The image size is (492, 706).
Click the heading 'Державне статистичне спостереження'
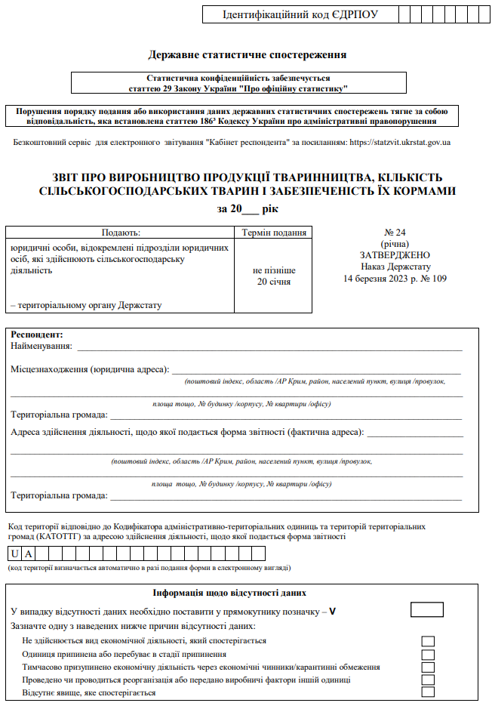[x=248, y=54]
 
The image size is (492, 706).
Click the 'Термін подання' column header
[x=274, y=233]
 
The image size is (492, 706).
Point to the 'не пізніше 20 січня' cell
[x=274, y=276]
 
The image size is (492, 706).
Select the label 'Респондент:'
[x=36, y=335]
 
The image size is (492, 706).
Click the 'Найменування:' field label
[x=42, y=346]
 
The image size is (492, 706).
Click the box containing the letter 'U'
[x=16, y=553]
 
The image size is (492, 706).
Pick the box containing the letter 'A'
[x=29, y=553]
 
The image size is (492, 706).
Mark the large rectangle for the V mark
[x=426, y=609]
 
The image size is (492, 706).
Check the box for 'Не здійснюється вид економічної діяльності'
[x=428, y=641]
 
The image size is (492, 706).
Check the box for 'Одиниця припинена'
[x=428, y=654]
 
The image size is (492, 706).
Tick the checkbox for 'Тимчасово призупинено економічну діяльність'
[x=428, y=667]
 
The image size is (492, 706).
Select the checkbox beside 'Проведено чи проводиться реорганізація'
[x=428, y=680]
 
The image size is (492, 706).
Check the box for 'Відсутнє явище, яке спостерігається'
[x=428, y=692]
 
